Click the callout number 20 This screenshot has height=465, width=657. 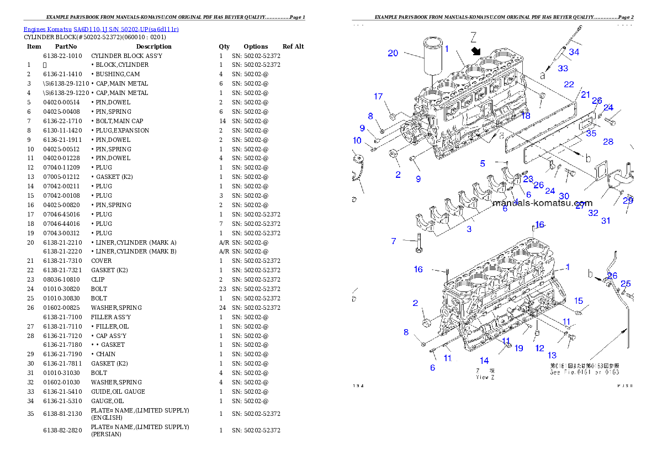point(393,53)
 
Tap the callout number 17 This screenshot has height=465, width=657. point(378,97)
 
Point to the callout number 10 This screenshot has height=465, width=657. point(357,141)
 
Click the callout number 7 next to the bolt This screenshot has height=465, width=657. point(394,241)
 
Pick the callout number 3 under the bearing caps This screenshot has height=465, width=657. point(469,229)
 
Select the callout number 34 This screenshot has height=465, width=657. point(574,52)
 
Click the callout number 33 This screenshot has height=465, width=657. point(563,68)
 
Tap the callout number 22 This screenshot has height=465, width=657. point(569,84)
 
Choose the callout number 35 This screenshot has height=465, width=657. point(591,133)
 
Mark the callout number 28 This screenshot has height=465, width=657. point(608,142)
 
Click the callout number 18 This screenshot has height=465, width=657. point(526,115)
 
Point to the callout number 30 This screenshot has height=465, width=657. point(564,196)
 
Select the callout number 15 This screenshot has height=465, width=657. point(578,301)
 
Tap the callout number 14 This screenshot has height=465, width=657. point(484,361)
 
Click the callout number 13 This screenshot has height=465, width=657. point(552,355)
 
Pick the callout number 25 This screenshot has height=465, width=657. point(626,284)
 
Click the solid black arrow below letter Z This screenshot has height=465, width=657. point(474,51)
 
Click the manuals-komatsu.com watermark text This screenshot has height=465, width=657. point(542,203)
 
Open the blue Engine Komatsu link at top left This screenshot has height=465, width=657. point(101,29)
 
